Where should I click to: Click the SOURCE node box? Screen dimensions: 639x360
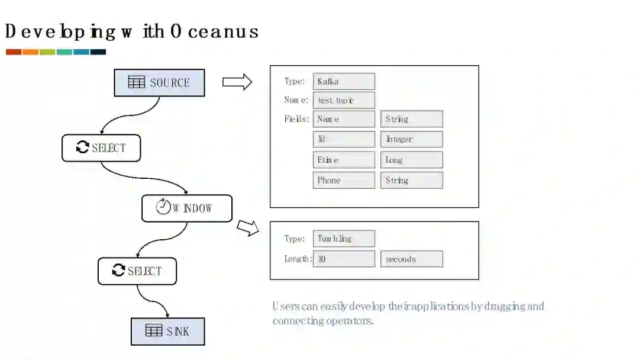point(159,83)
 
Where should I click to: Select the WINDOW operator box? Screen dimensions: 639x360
point(187,208)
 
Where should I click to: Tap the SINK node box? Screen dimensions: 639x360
point(167,332)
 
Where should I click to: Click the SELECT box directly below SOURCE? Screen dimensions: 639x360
point(101,148)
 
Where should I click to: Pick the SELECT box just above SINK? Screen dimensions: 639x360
point(137,271)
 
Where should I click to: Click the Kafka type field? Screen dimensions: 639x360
point(344,81)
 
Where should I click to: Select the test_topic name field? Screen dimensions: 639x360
point(344,100)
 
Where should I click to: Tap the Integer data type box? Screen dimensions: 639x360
point(411,139)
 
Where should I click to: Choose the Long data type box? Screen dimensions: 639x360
point(411,160)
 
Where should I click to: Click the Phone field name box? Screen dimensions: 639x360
point(344,180)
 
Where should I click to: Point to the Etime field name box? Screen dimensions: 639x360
point(344,160)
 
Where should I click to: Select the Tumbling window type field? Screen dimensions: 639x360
point(344,239)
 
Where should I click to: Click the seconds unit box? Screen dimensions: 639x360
point(411,259)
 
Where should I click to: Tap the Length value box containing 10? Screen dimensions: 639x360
point(344,259)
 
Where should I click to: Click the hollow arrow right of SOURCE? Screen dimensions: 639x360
point(237,82)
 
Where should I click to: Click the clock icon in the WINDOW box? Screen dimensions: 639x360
point(163,207)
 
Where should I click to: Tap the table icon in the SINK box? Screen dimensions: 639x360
point(154,331)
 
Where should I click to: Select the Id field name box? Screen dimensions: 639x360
point(344,139)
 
